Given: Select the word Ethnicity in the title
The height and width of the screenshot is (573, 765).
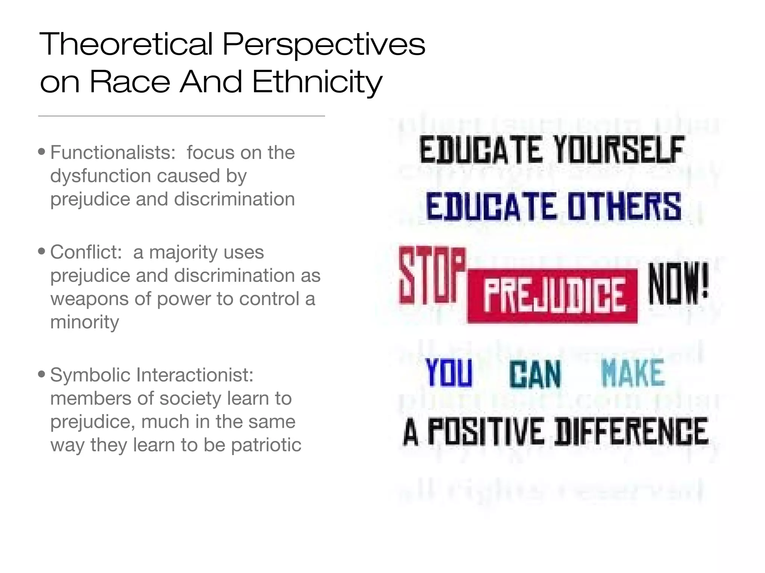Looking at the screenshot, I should [318, 82].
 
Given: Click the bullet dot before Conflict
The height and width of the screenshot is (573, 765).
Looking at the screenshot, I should [42, 251].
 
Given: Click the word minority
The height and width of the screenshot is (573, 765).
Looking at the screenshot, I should [85, 322].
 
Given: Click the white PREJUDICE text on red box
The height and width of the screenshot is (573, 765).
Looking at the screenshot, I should [553, 296].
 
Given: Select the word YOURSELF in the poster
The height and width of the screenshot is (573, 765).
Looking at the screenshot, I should [619, 150].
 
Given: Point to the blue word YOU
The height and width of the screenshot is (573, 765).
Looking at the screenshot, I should [449, 373].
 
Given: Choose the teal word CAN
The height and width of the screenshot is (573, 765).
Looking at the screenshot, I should [535, 374].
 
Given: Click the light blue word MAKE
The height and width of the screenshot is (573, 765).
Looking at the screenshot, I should [633, 373].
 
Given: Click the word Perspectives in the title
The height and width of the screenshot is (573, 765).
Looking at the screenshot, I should [323, 44].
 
